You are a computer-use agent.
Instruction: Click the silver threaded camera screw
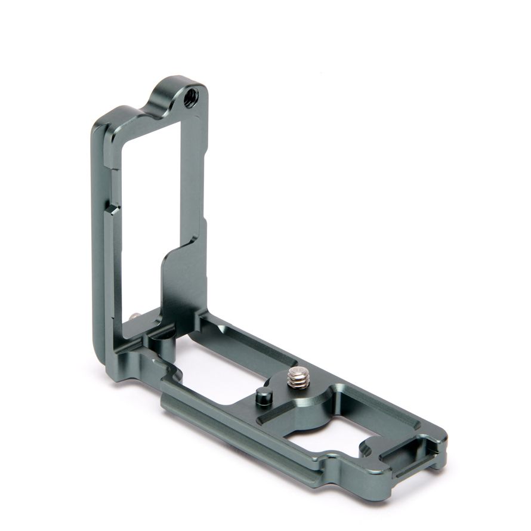[298, 378]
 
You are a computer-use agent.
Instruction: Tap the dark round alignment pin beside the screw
[264, 395]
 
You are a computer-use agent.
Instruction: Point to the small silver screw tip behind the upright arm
[137, 316]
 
